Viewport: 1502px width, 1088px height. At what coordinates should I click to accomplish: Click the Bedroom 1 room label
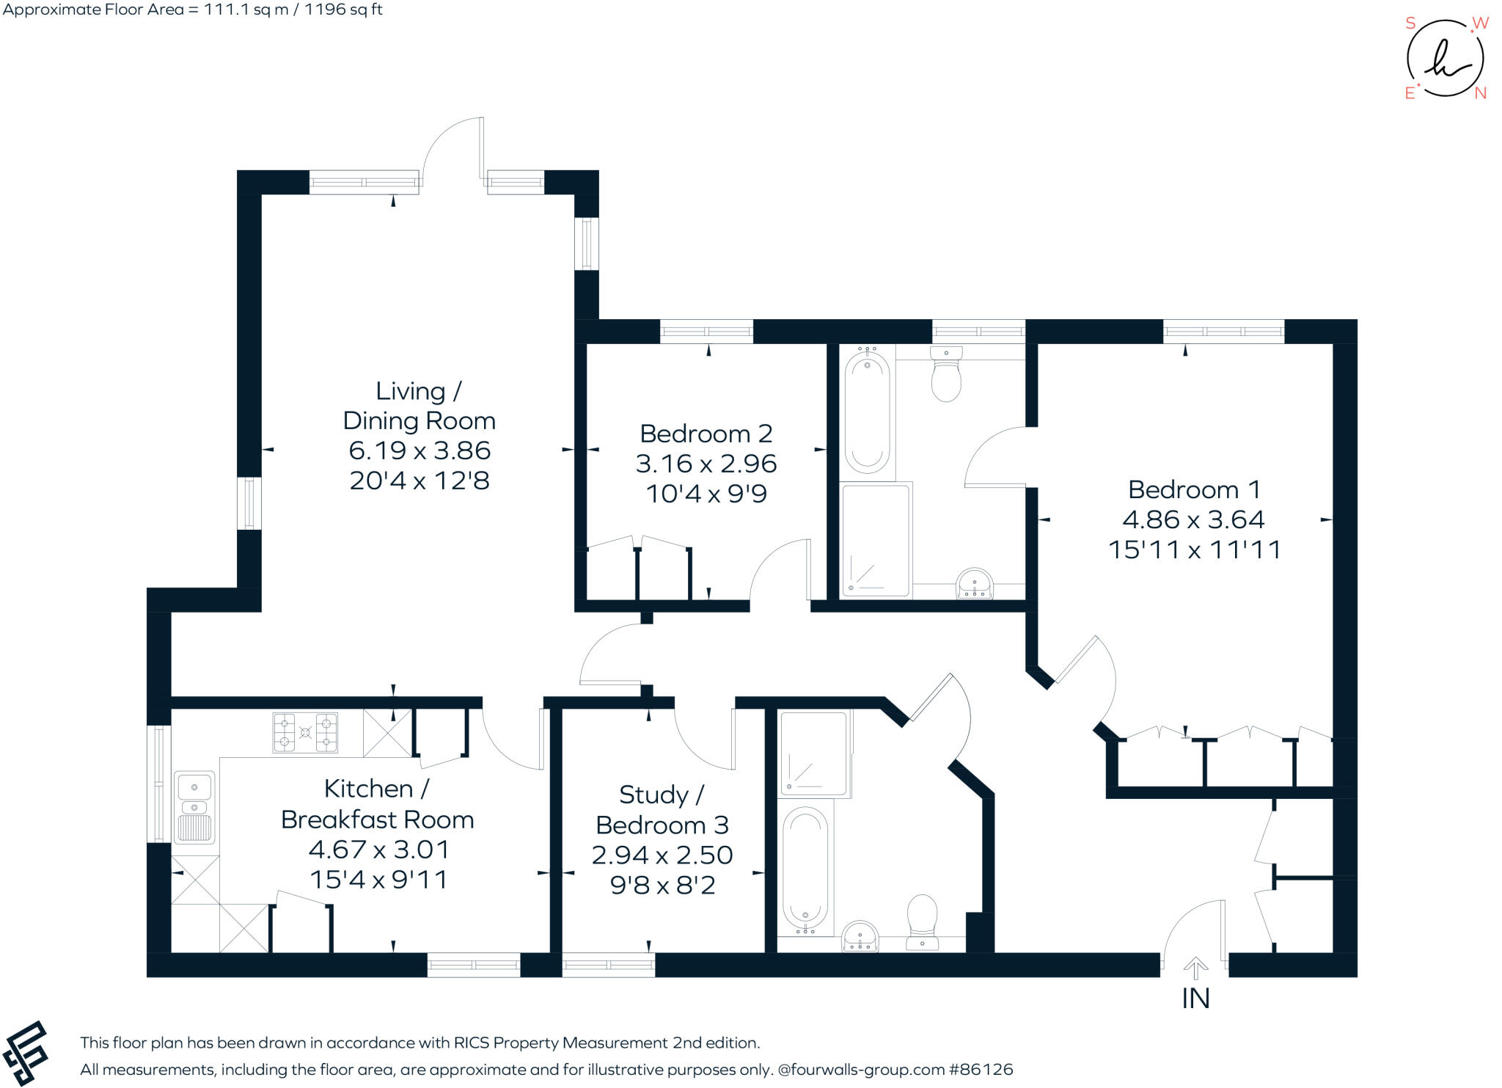click(x=1194, y=489)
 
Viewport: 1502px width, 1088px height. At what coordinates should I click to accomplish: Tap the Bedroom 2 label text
click(x=706, y=434)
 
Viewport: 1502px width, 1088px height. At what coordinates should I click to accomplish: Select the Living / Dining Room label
click(x=419, y=406)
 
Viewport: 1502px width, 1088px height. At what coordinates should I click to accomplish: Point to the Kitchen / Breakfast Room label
click(x=377, y=804)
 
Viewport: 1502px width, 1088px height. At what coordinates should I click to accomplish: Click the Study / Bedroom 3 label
click(x=662, y=810)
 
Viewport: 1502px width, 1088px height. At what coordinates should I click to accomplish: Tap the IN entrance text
click(x=1195, y=998)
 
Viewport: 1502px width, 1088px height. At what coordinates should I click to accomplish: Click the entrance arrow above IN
click(x=1195, y=968)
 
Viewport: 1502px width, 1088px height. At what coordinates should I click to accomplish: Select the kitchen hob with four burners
click(x=305, y=732)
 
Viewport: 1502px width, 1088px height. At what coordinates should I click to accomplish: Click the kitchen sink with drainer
click(x=194, y=807)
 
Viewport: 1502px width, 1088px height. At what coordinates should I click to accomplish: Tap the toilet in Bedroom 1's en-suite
click(x=946, y=374)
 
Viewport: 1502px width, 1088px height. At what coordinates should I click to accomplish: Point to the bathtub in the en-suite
click(x=867, y=415)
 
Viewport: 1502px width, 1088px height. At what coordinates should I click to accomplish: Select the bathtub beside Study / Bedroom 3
click(x=805, y=869)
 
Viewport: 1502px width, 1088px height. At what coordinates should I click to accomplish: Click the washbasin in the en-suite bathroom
click(x=974, y=584)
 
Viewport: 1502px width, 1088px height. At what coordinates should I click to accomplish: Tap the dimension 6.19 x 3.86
click(x=419, y=450)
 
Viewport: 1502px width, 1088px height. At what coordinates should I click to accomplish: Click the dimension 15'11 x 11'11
click(x=1194, y=550)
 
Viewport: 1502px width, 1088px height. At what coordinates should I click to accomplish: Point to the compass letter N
click(x=1480, y=93)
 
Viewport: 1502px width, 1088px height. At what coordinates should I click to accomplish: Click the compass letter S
click(x=1410, y=23)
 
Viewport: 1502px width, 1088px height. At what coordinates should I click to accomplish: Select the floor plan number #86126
click(x=981, y=1070)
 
